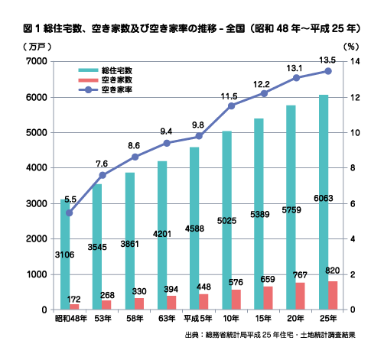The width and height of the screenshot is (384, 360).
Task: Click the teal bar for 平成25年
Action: pyautogui.click(x=324, y=202)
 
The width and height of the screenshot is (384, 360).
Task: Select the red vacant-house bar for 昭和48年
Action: pyautogui.click(x=74, y=306)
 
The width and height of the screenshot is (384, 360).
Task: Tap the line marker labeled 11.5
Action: pyautogui.click(x=231, y=106)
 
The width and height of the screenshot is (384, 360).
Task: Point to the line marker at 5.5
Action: pyautogui.click(x=70, y=213)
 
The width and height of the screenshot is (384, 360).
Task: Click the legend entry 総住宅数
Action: pyautogui.click(x=106, y=70)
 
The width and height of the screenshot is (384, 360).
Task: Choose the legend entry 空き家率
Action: pyautogui.click(x=106, y=89)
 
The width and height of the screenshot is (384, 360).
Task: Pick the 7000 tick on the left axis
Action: pyautogui.click(x=37, y=61)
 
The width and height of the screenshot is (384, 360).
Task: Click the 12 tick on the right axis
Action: pyautogui.click(x=354, y=97)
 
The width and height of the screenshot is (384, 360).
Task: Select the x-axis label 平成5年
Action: pyautogui.click(x=198, y=319)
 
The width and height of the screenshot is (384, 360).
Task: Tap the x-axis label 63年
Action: pyautogui.click(x=167, y=319)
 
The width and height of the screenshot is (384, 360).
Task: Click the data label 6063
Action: pyautogui.click(x=324, y=198)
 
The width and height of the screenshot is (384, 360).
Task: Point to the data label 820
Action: pyautogui.click(x=333, y=271)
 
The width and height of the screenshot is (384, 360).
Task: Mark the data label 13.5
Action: pyautogui.click(x=327, y=60)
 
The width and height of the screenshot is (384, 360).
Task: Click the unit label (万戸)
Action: pyautogui.click(x=37, y=47)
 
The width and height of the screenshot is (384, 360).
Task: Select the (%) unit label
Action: pyautogui.click(x=351, y=47)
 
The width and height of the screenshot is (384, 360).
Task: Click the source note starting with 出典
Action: pyautogui.click(x=270, y=335)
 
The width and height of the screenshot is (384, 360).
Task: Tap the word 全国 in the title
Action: pyautogui.click(x=235, y=28)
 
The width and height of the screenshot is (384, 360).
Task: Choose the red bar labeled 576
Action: pyautogui.click(x=236, y=300)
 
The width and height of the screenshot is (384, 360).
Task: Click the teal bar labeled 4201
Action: pyautogui.click(x=162, y=235)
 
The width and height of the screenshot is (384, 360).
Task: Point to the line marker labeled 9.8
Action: pyautogui.click(x=199, y=136)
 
